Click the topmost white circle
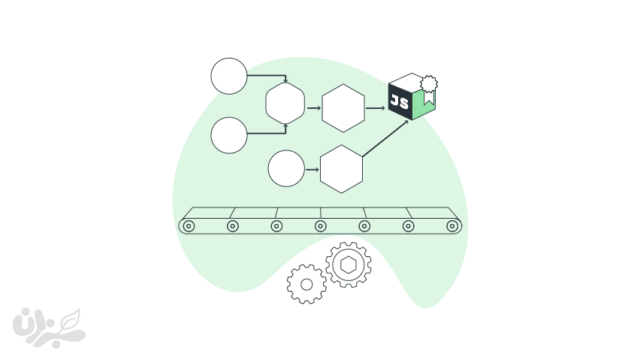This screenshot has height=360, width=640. [229, 76]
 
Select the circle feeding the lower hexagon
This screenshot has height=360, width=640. [286, 168]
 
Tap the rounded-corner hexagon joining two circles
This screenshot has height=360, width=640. [285, 103]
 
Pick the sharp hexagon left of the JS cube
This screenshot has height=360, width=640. [343, 108]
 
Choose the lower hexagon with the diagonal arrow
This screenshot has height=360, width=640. [341, 169]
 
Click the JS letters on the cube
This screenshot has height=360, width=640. [400, 101]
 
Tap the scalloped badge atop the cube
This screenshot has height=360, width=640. [428, 83]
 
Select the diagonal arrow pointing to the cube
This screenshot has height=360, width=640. [385, 138]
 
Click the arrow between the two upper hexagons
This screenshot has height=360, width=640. [314, 108]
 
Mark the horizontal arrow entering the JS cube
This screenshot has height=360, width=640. [376, 108]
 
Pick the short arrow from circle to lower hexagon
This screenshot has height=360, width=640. [312, 169]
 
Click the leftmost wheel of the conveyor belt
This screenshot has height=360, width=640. [189, 225]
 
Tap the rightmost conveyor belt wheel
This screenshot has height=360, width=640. [452, 225]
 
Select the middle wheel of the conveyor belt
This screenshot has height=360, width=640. [321, 225]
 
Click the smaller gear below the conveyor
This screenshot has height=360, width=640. [306, 284]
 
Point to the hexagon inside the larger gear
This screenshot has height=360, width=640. [349, 265]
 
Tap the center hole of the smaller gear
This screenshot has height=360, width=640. [306, 284]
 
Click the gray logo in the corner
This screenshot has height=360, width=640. [49, 328]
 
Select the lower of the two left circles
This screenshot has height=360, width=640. [229, 135]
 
